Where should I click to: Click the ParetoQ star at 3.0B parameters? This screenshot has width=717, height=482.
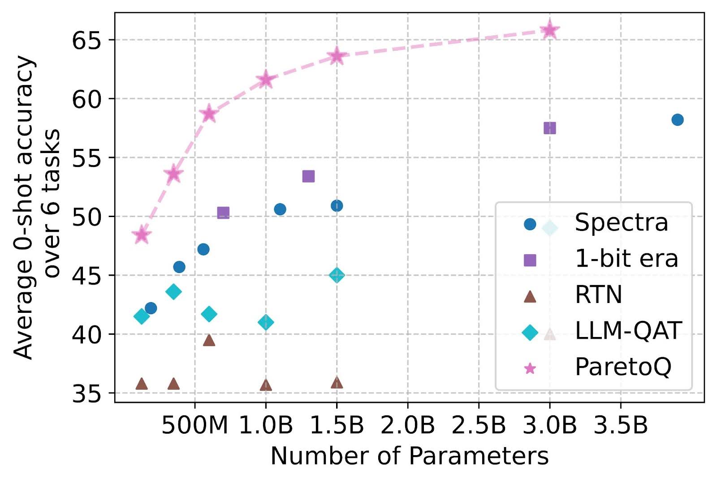pos(549,30)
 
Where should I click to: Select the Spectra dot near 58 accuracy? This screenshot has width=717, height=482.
pos(677,119)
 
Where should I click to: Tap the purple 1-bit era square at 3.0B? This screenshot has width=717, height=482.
pos(549,128)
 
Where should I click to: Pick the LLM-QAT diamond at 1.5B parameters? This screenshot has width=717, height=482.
pos(337,275)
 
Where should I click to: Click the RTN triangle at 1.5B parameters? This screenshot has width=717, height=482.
pos(337,383)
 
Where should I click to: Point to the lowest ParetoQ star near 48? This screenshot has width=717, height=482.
pos(142,235)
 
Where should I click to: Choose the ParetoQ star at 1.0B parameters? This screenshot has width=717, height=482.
pos(266,79)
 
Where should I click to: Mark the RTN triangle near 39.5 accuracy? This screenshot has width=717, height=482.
pos(209,341)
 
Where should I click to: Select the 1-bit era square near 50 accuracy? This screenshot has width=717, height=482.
pos(223,213)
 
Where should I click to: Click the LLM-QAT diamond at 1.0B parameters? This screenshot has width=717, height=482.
pos(266,322)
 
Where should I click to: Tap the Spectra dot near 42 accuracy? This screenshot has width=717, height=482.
pos(151,308)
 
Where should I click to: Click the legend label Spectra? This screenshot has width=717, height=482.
pos(621,222)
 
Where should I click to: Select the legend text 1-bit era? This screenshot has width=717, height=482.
pos(626,259)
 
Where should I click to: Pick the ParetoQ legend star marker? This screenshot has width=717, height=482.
pos(530,368)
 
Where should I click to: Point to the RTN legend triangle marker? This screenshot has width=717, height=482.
pos(530,296)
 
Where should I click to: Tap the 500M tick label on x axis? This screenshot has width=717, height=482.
pos(194,426)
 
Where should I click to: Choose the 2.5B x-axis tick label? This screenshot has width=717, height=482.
pos(479,426)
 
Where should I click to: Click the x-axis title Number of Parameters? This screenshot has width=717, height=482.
pos(409,456)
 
